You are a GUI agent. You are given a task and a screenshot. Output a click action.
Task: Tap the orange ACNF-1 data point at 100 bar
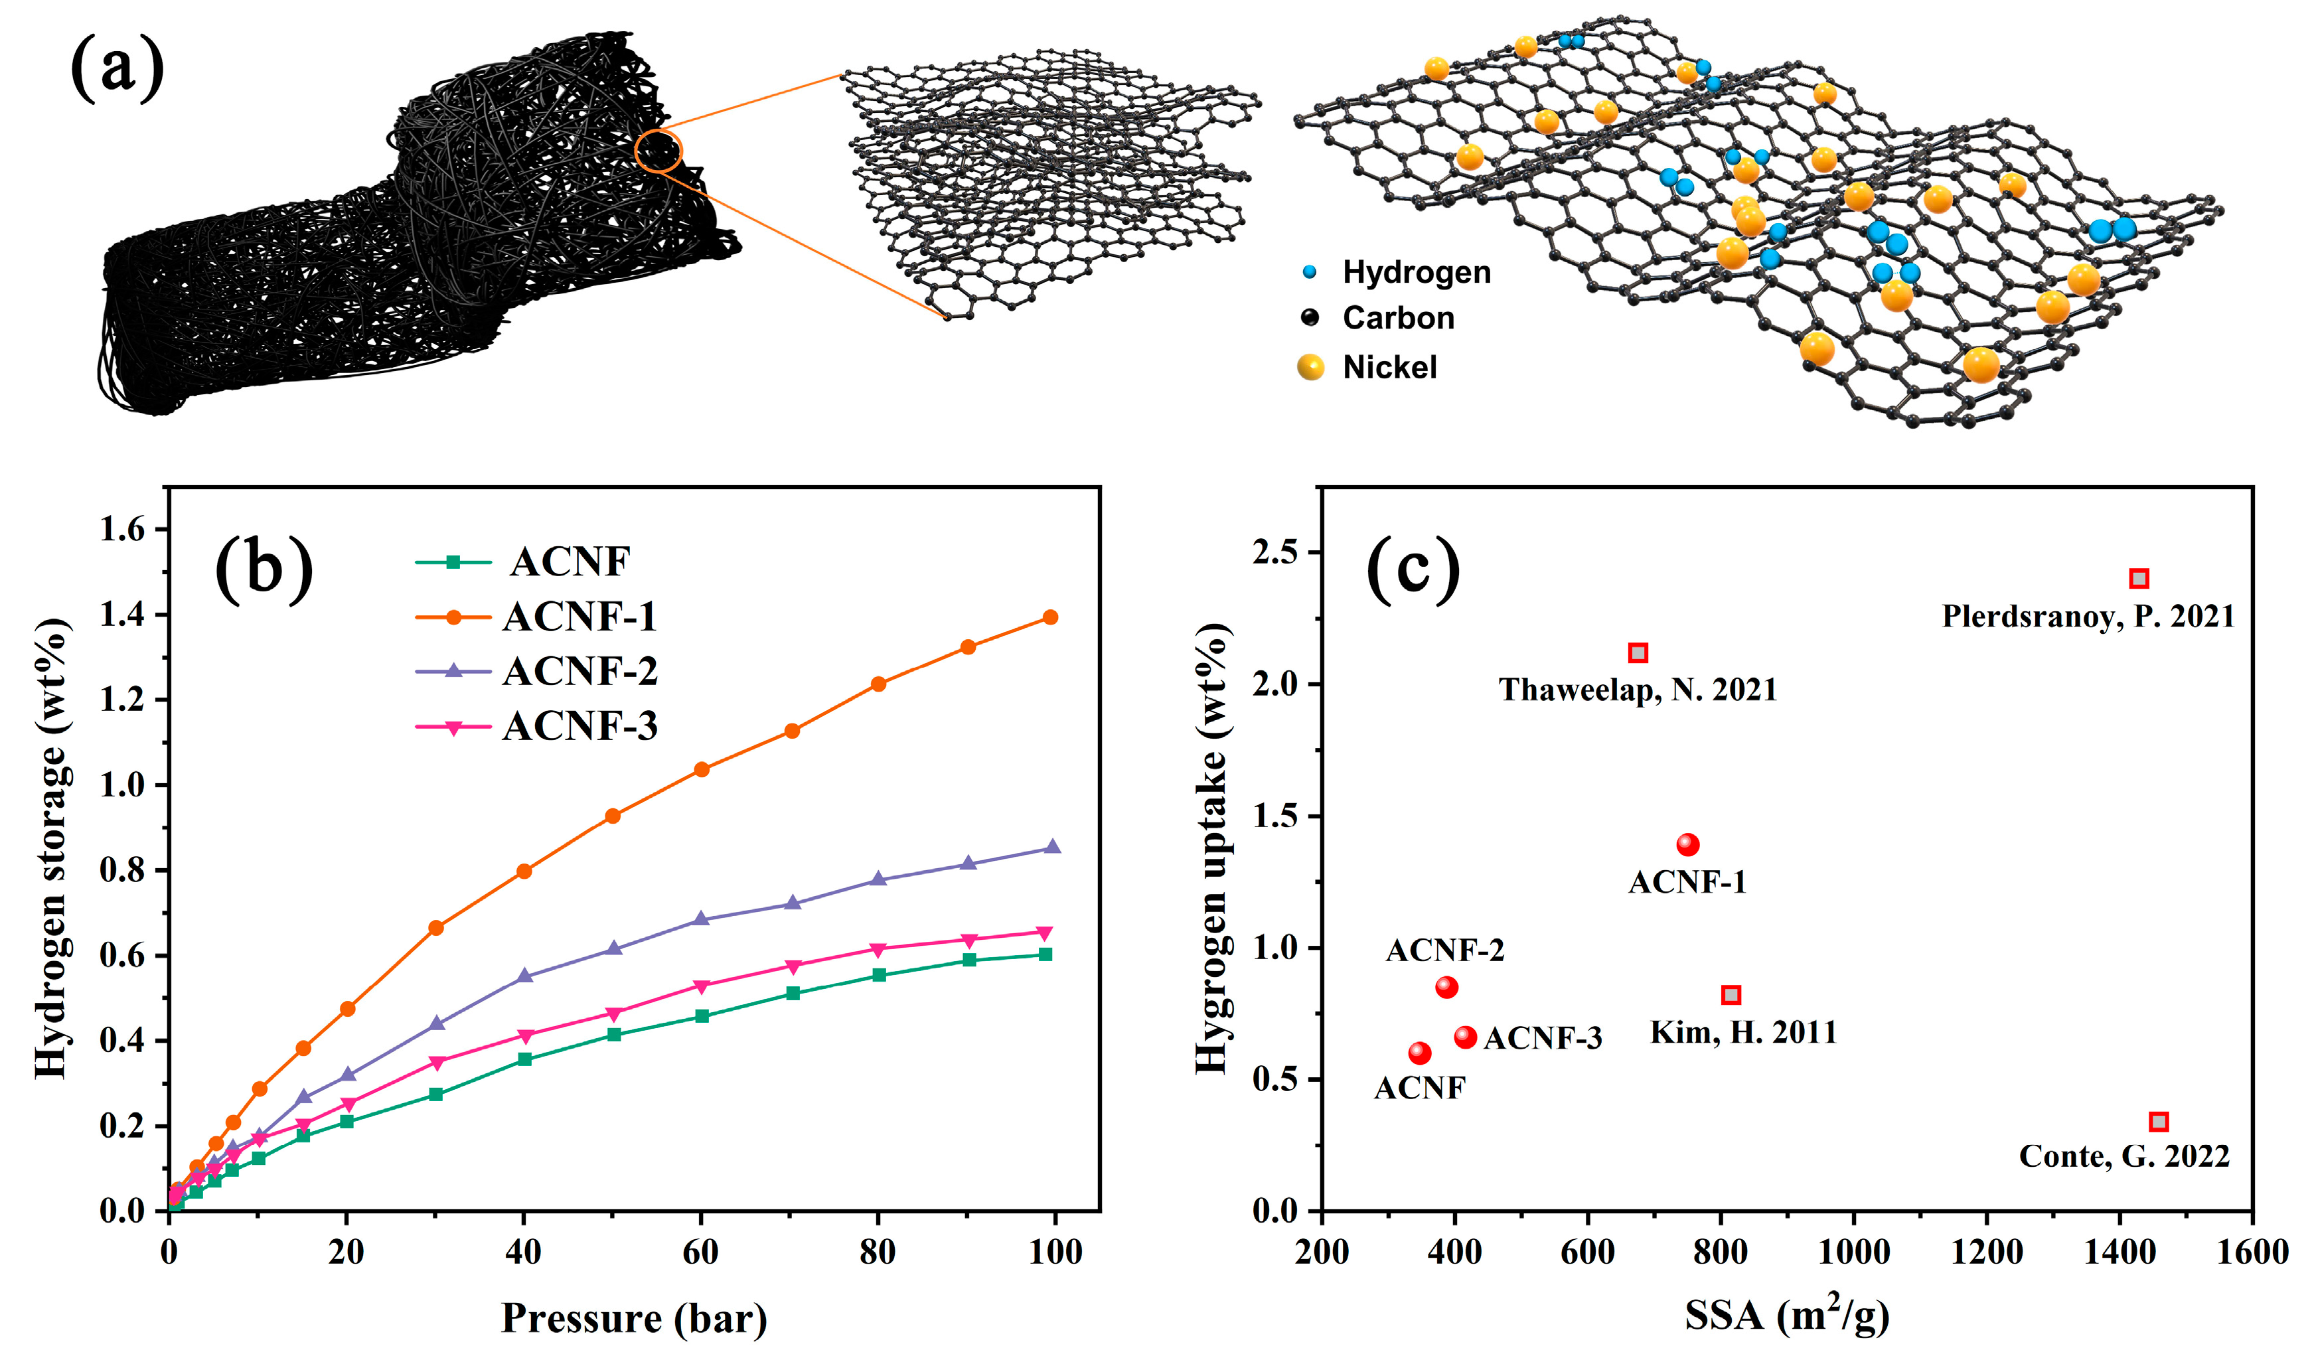pos(1051,617)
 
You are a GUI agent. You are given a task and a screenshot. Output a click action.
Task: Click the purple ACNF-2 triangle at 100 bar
pos(1052,847)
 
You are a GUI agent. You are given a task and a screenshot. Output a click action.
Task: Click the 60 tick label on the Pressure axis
pos(701,1252)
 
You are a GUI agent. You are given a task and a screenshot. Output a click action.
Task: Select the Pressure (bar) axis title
pos(634,1318)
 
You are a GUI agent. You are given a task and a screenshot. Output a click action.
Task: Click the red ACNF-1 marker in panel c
pos(1687,844)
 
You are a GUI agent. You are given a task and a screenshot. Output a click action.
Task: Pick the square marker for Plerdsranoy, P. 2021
pos(2139,579)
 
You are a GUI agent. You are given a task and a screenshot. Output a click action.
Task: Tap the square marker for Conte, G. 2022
pos(2159,1122)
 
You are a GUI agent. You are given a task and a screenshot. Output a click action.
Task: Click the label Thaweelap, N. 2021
pos(1638,689)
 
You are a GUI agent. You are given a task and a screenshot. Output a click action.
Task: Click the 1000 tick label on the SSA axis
pos(1853,1252)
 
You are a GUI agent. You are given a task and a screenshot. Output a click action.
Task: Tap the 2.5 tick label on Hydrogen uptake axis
pos(1278,552)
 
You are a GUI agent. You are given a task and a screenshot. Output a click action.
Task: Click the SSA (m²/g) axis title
pos(1786,1316)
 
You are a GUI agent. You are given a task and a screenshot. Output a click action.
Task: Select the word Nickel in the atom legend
pos(1389,368)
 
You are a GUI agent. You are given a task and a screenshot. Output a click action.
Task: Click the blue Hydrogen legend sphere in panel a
pos(1310,271)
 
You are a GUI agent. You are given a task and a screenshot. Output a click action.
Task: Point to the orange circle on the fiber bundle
pos(658,151)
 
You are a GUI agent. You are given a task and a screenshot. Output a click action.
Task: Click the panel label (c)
pos(1413,571)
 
